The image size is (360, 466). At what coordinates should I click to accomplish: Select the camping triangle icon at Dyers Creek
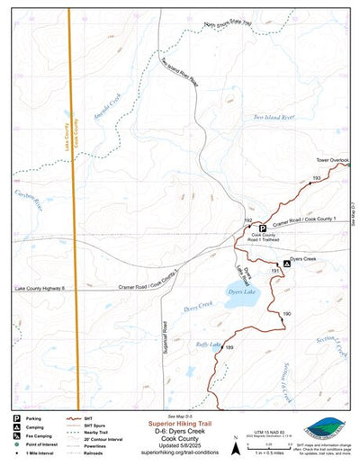[287, 263]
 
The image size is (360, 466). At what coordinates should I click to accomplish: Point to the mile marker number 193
[316, 178]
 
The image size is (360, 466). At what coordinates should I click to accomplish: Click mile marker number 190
[286, 313]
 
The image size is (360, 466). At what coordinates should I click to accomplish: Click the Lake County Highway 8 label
[40, 288]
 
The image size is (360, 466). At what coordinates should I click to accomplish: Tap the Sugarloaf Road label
[165, 337]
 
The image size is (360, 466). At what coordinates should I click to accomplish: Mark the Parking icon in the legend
[16, 419]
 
